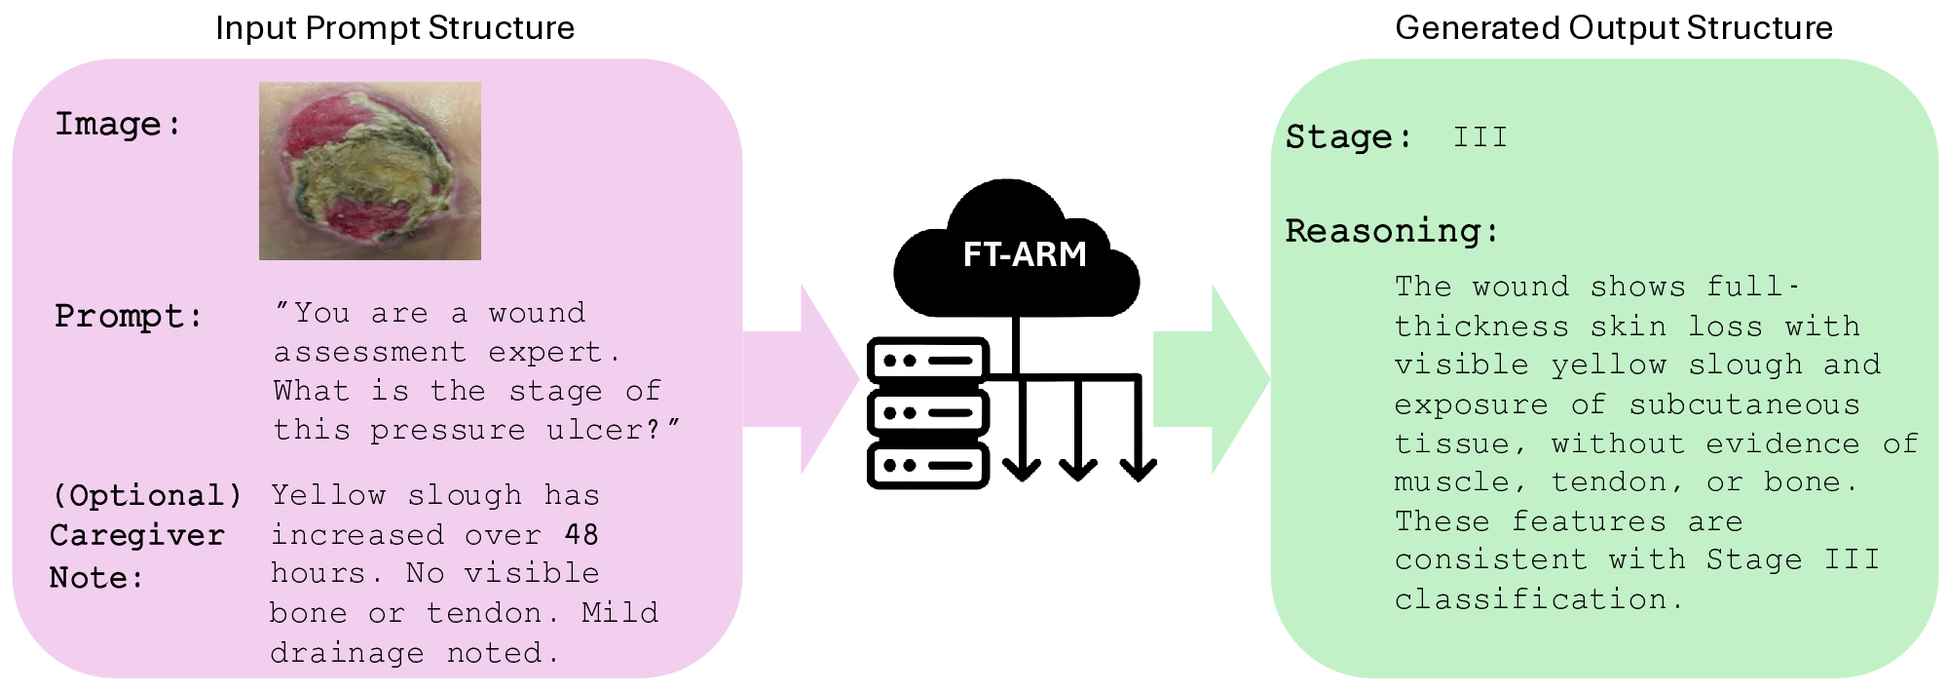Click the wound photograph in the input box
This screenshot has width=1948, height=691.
pos(370,171)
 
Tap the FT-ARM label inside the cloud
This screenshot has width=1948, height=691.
pos(1024,254)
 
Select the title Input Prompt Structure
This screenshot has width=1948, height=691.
pos(394,27)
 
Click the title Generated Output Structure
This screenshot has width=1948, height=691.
pos(1613,27)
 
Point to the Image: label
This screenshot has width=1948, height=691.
pos(118,125)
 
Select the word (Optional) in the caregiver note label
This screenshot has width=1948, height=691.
pos(146,495)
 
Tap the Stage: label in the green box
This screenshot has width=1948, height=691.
pos(1348,137)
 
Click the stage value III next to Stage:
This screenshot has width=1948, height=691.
pos(1480,137)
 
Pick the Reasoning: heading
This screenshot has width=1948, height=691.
pos(1391,231)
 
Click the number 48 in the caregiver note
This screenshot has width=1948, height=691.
pos(581,534)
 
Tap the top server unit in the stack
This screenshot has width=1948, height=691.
pos(927,361)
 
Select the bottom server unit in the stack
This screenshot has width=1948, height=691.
pos(927,465)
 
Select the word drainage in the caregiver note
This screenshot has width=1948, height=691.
pos(347,652)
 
